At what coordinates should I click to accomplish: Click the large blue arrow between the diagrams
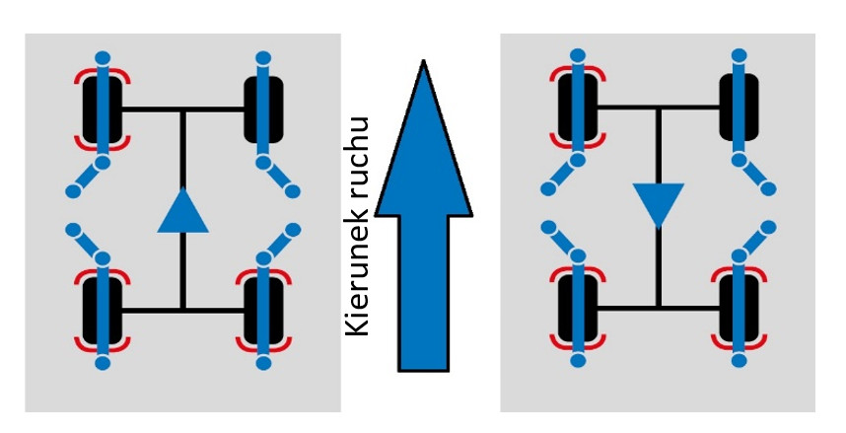coord(423,256)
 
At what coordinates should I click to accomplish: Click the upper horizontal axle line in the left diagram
coord(182,109)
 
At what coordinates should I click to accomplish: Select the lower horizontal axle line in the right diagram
coord(659,307)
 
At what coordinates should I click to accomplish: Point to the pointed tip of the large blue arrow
coord(423,64)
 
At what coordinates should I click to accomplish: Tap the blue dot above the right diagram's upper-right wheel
coord(739,53)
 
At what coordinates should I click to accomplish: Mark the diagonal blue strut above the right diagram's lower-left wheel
coord(561,241)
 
